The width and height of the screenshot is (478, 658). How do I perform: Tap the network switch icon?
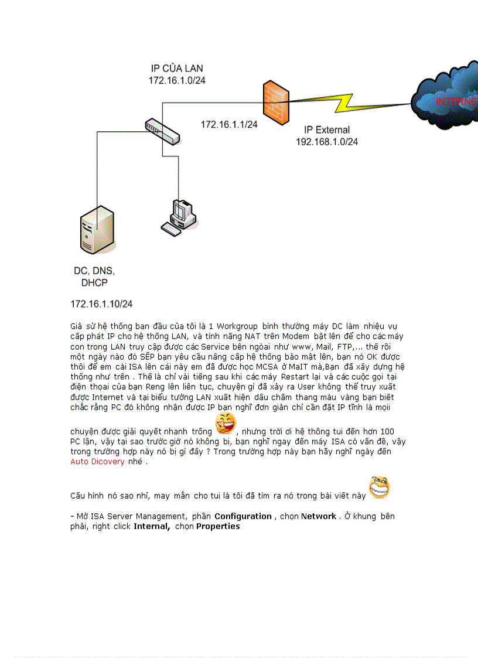[162, 131]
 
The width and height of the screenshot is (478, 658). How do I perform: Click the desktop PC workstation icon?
[178, 217]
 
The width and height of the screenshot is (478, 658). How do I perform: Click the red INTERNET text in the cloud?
[456, 101]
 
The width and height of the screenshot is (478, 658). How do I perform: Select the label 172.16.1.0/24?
[177, 80]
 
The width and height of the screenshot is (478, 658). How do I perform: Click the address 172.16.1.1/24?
[230, 124]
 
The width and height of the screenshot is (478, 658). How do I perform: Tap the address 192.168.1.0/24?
[327, 142]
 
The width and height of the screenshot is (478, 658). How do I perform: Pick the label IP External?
[327, 130]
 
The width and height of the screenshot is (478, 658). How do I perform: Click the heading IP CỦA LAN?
[177, 69]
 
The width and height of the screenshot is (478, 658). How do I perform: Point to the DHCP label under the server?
[94, 283]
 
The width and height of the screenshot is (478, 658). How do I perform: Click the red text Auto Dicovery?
[97, 462]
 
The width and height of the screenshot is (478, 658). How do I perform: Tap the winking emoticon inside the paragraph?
[226, 422]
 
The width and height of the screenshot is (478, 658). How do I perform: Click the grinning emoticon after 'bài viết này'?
[379, 487]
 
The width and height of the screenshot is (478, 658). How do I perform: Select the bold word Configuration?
[243, 516]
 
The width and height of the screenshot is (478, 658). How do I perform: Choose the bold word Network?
[319, 516]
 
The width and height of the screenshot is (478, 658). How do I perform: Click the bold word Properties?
[218, 526]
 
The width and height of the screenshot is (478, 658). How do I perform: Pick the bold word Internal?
[152, 526]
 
